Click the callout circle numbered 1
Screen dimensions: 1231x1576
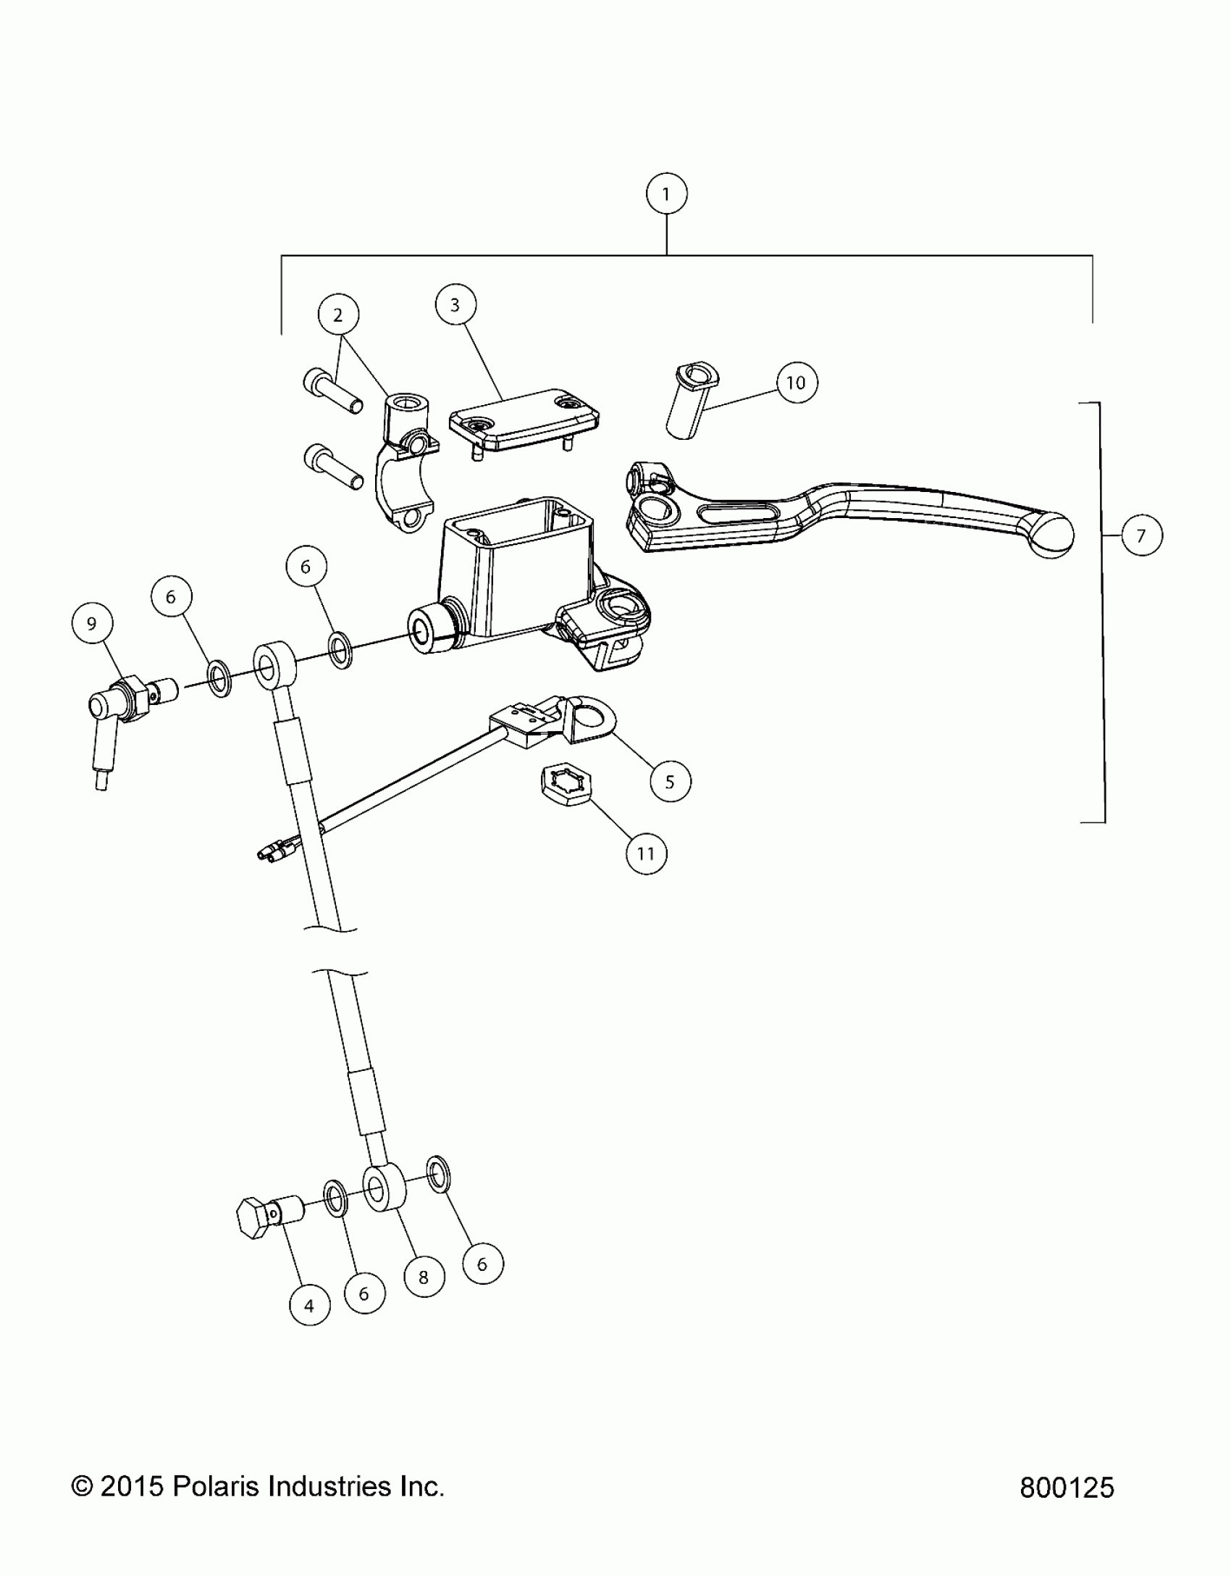(665, 193)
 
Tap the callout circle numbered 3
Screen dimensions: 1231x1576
(455, 305)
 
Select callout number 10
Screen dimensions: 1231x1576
(796, 383)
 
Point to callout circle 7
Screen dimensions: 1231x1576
(1141, 535)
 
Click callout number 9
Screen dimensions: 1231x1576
(92, 623)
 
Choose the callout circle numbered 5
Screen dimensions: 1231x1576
(670, 781)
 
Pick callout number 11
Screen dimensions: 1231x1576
(646, 854)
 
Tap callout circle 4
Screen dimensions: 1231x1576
(309, 1306)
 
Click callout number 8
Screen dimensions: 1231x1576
(424, 1277)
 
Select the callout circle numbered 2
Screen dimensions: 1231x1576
(338, 314)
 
